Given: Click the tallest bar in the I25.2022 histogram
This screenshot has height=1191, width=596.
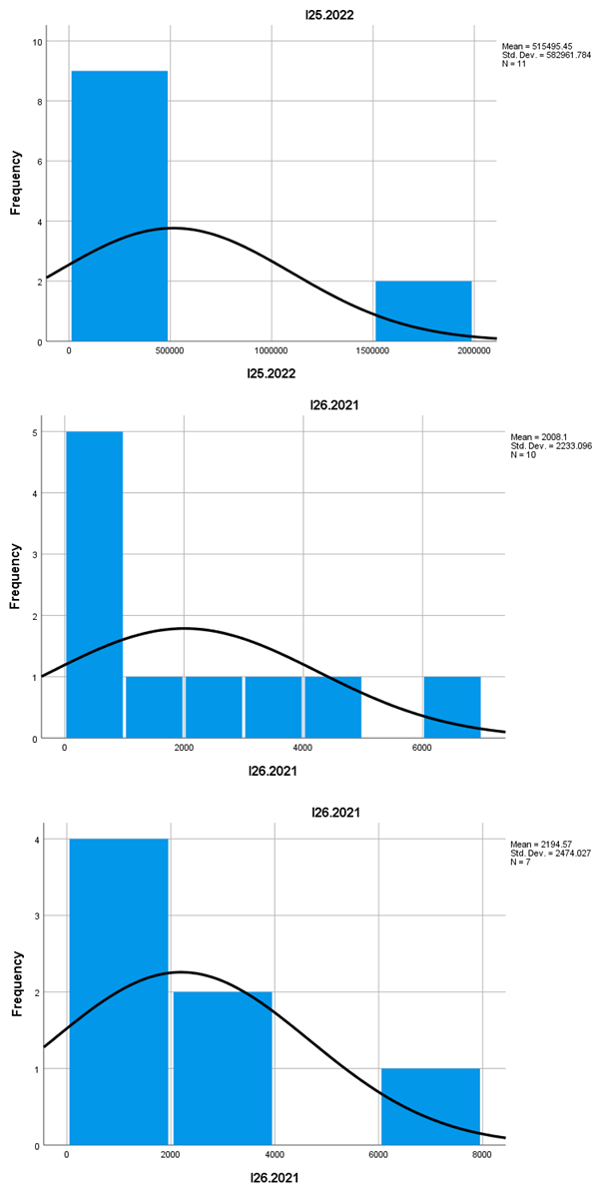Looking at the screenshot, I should coord(119,206).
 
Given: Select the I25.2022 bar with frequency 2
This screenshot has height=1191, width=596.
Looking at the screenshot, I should coord(423,311).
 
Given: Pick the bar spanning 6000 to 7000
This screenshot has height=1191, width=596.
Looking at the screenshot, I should coord(452,708).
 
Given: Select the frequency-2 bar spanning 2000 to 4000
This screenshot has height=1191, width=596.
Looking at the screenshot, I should coord(223,1068).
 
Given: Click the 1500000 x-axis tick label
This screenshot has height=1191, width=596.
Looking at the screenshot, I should coord(372,351).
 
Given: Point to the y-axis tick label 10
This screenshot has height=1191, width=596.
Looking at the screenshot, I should coord(37,42).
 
